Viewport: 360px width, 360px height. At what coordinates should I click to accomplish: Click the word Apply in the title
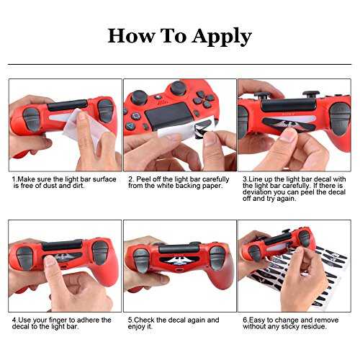(222, 37)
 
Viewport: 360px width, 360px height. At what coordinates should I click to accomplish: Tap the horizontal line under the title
(179, 64)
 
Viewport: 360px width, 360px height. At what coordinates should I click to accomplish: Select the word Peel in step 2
(144, 179)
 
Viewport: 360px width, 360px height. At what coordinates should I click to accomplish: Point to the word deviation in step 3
(258, 192)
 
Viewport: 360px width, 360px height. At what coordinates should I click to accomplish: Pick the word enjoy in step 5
(136, 327)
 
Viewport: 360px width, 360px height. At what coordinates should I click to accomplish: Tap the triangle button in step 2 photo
(130, 125)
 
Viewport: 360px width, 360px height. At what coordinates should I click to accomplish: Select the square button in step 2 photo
(135, 117)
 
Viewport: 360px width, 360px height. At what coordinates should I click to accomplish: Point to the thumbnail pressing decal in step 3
(288, 135)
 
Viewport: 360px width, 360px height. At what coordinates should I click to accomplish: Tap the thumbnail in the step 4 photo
(50, 261)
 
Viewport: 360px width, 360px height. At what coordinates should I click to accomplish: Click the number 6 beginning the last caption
(245, 320)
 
